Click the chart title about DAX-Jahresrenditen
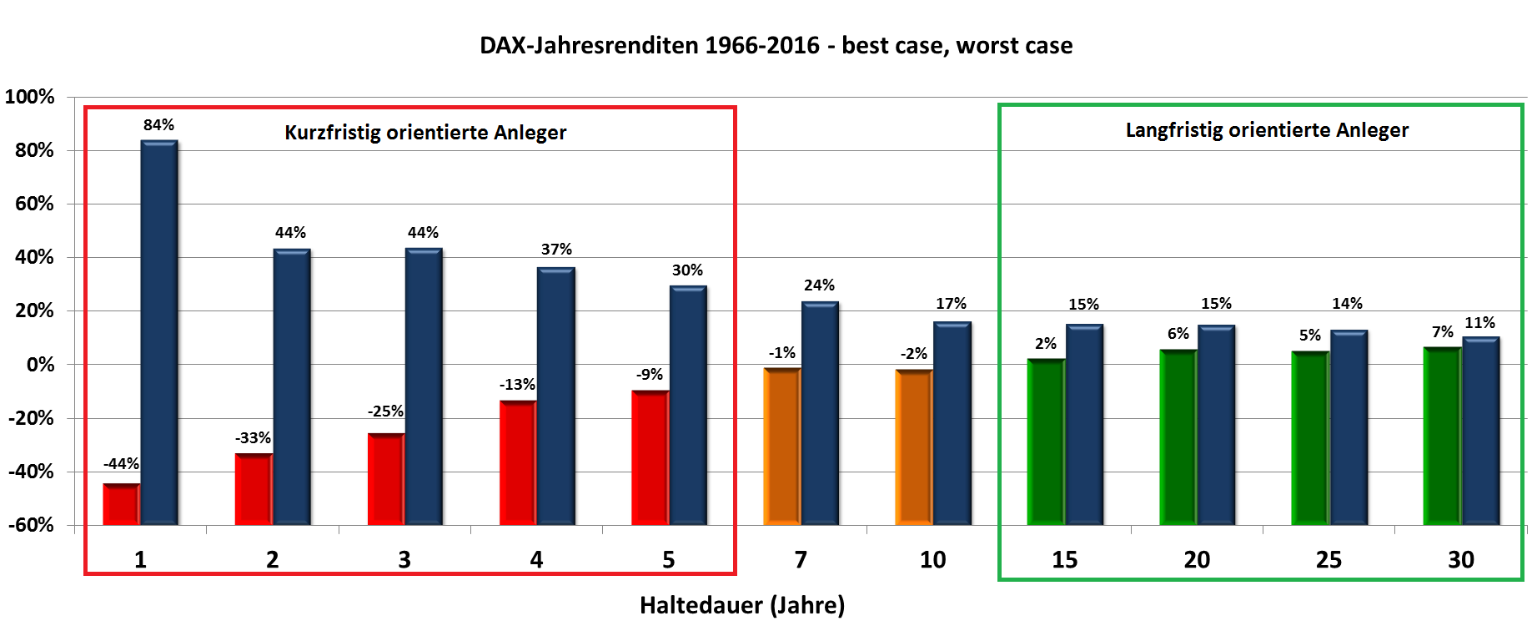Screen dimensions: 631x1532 [x=776, y=45]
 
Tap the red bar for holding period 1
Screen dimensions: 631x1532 [x=121, y=504]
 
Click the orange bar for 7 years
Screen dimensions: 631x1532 [x=782, y=446]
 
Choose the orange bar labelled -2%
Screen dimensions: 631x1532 [x=914, y=447]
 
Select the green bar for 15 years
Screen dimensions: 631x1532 [x=1046, y=442]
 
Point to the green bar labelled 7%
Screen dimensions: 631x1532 [x=1442, y=436]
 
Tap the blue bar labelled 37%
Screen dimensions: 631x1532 [x=555, y=396]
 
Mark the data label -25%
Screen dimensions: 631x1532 [x=385, y=411]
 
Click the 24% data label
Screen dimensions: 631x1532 [x=819, y=285]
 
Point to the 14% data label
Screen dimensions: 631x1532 [x=1347, y=304]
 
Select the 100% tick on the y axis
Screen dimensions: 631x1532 [x=30, y=97]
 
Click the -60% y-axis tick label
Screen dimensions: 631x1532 [x=32, y=525]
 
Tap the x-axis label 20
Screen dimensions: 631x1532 [x=1197, y=560]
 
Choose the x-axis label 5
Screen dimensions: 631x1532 [x=668, y=560]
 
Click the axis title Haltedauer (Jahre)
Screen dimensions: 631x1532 [x=742, y=605]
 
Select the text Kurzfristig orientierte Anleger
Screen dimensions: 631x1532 [x=425, y=133]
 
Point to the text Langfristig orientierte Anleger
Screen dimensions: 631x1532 [x=1267, y=130]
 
